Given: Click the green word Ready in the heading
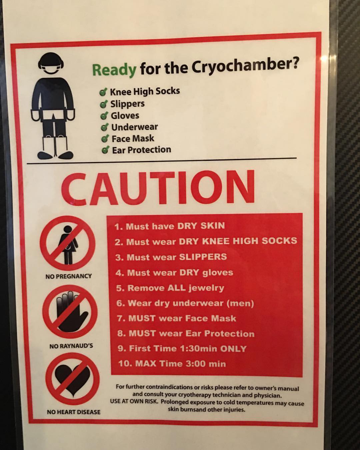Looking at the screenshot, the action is click(x=114, y=70).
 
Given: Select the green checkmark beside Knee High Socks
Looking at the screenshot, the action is click(x=103, y=92).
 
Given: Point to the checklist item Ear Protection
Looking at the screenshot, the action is click(x=142, y=150).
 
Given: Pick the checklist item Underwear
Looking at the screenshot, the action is click(x=135, y=127).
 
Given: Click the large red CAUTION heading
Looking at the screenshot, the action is click(x=158, y=187).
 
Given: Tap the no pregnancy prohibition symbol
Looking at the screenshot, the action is click(x=67, y=243).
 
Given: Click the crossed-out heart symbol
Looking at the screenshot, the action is click(x=72, y=379).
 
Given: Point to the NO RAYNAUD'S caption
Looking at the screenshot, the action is click(x=71, y=346).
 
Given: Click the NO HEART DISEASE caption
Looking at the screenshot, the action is click(x=74, y=412).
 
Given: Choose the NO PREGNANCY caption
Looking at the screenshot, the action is click(x=69, y=276).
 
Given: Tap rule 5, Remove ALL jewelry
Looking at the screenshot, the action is click(x=170, y=288).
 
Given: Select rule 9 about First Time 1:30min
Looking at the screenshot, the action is click(x=182, y=348).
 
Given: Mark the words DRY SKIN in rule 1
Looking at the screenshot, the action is click(x=201, y=226).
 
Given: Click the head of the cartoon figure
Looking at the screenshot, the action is click(x=51, y=64).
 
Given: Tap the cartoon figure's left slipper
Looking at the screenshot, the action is click(x=45, y=155).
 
